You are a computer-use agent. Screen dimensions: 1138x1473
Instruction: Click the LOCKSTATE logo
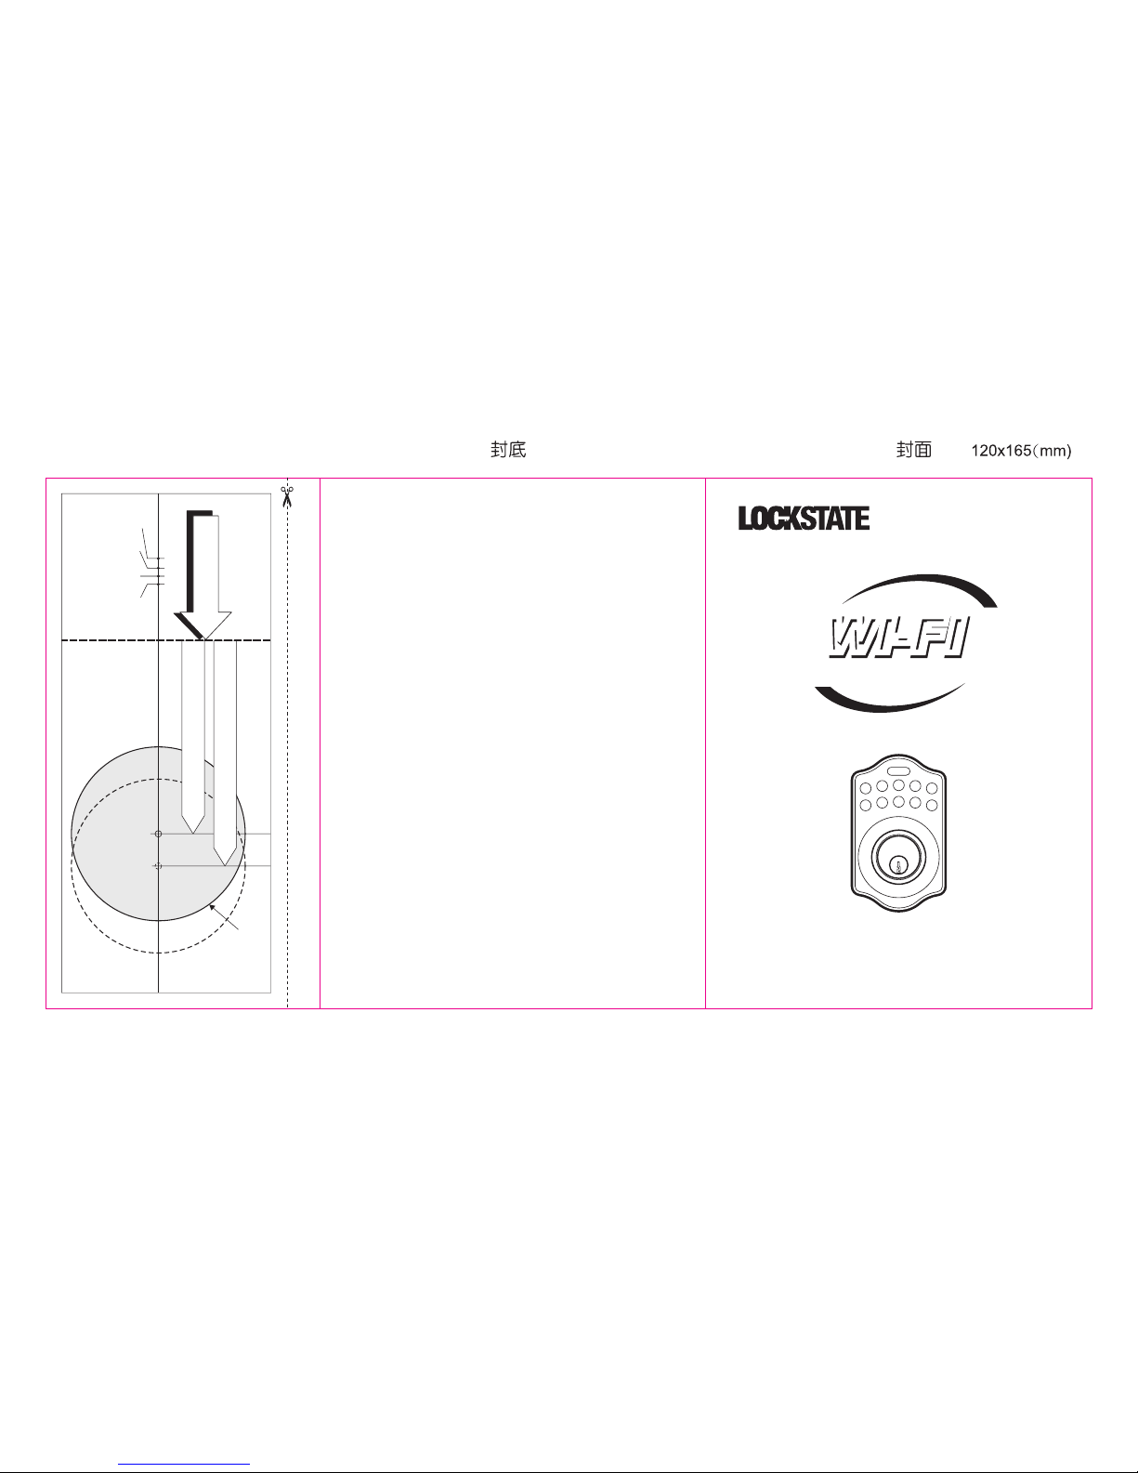tap(804, 519)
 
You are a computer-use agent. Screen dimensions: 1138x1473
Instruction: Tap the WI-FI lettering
tap(899, 638)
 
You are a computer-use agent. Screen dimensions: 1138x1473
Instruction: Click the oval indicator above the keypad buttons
tap(899, 771)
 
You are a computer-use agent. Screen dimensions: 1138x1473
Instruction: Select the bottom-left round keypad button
tap(866, 806)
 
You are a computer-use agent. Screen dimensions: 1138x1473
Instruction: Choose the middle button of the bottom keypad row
tap(899, 801)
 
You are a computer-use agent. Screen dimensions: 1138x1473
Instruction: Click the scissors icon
tap(287, 496)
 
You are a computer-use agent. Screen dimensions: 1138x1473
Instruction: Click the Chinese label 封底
tap(508, 450)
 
